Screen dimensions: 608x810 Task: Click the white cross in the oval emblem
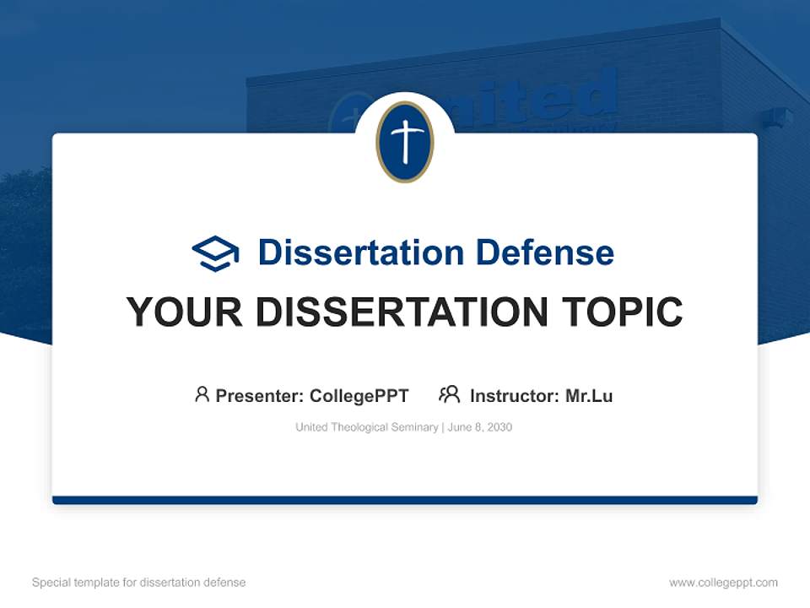point(404,141)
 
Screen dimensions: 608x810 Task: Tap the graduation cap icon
point(215,253)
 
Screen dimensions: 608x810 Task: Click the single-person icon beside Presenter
point(202,394)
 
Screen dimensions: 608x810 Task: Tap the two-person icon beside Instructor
point(449,394)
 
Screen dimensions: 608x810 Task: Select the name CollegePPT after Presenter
point(359,395)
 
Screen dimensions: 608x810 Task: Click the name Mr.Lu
point(589,395)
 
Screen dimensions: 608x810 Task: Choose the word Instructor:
point(514,395)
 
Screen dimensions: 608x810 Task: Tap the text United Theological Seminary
point(366,427)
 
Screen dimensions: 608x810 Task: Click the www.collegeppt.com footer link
point(723,583)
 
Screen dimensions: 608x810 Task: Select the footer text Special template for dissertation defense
point(139,583)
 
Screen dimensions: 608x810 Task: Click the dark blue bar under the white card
point(405,500)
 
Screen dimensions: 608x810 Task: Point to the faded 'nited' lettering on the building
point(548,97)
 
